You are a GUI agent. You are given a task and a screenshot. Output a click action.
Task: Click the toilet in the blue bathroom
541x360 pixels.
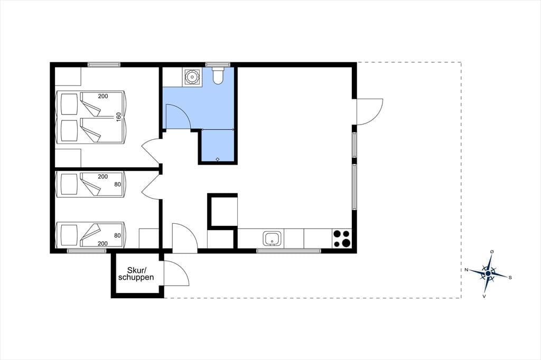(x=218, y=76)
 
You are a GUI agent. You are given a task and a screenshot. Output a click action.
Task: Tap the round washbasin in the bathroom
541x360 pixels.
(x=191, y=77)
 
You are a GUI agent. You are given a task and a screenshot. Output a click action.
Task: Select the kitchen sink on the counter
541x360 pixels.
(x=272, y=239)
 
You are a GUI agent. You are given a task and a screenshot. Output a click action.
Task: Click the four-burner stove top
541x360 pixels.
(x=342, y=239)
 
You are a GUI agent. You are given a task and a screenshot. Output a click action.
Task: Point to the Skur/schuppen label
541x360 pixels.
(x=136, y=274)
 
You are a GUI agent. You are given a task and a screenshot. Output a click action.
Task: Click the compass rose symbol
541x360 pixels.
(x=488, y=273)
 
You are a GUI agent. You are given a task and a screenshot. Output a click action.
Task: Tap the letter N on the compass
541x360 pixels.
(x=466, y=270)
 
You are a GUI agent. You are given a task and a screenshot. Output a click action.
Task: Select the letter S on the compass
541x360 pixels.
(x=510, y=277)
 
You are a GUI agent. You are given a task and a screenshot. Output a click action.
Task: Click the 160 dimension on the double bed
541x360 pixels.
(x=118, y=117)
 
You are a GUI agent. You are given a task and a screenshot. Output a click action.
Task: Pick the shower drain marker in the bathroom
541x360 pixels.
(x=218, y=159)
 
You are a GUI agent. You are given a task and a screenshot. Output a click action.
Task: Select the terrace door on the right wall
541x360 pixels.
(x=370, y=112)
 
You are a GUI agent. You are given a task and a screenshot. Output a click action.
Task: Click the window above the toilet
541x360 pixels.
(x=218, y=64)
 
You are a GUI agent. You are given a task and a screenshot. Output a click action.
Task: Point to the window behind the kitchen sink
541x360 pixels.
(x=289, y=251)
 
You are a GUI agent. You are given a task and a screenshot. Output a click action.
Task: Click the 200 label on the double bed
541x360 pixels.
(x=103, y=96)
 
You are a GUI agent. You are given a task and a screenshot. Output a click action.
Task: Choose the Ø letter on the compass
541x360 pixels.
(x=492, y=252)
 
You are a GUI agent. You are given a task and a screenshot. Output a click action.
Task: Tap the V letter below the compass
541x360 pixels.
(x=484, y=296)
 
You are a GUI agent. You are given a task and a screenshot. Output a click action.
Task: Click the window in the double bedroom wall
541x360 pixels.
(x=104, y=64)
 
